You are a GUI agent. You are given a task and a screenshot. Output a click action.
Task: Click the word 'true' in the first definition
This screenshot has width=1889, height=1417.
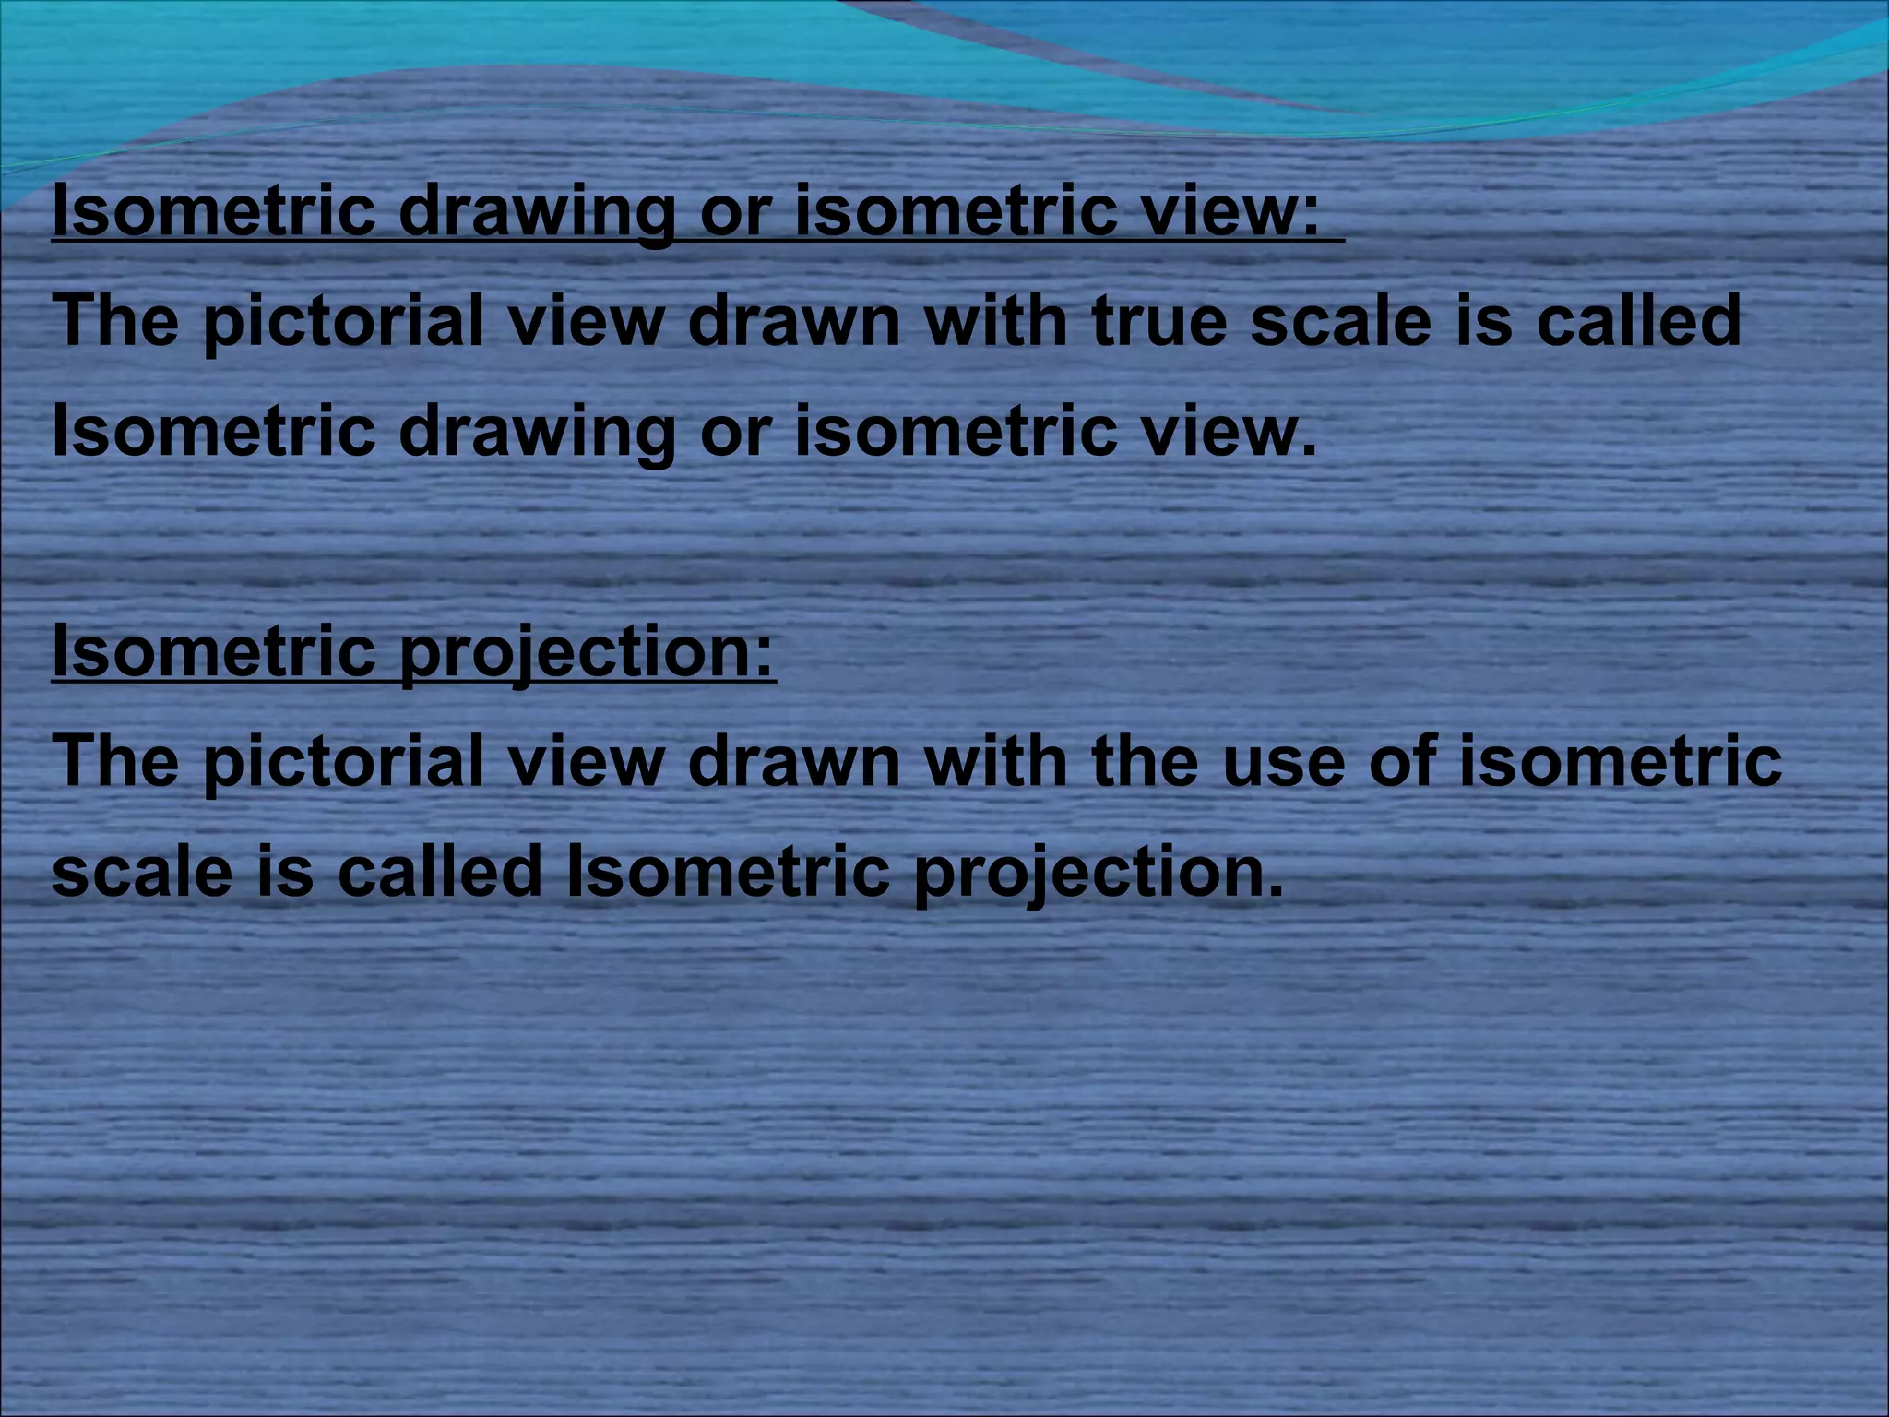pos(1158,321)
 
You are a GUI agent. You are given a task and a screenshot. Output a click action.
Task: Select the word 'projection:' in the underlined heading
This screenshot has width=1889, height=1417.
pos(588,651)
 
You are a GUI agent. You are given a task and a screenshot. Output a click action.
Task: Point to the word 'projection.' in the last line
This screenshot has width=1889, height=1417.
pos(1098,873)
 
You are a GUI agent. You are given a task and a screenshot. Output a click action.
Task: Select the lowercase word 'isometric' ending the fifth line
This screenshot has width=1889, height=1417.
pos(1620,762)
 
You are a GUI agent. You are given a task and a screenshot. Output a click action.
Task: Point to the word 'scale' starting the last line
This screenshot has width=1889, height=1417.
pos(142,873)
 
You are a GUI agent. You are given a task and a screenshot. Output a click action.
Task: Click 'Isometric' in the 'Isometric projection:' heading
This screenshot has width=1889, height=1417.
pos(214,651)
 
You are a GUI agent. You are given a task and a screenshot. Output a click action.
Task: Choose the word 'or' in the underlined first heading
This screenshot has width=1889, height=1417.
pos(734,212)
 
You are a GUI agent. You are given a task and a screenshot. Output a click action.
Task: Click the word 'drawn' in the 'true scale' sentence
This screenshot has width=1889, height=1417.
pos(793,321)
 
